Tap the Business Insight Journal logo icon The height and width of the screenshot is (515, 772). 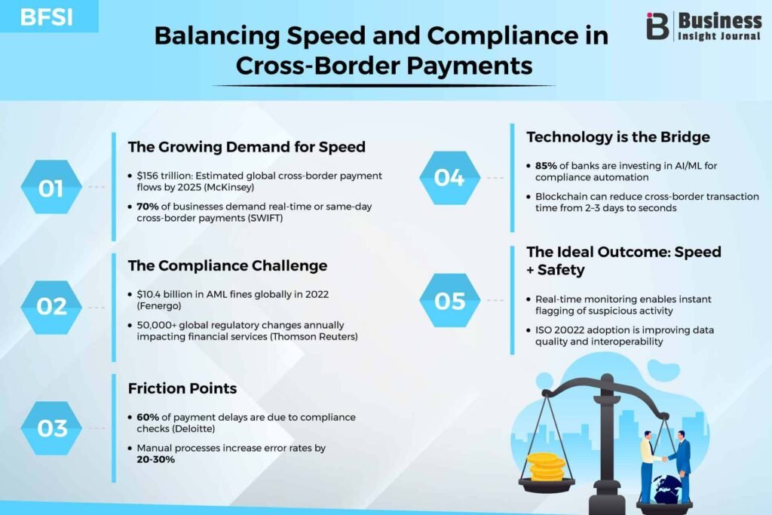(657, 26)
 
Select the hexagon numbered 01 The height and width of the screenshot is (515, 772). (51, 187)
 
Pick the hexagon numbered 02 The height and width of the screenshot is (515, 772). (51, 307)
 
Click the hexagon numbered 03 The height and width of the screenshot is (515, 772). (51, 428)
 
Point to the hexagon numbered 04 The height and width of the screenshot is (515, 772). (449, 178)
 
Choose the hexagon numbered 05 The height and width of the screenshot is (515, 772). (449, 300)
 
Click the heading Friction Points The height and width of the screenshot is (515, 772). (182, 388)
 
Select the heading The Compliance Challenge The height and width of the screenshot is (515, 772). (228, 266)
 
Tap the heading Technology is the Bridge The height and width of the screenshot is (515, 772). (618, 137)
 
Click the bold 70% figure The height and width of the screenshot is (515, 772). (148, 207)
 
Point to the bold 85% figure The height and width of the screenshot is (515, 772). (546, 166)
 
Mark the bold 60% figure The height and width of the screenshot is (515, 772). (148, 417)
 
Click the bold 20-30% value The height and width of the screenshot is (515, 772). (155, 459)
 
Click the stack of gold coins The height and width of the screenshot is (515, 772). (546, 466)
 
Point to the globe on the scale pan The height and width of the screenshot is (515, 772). (666, 489)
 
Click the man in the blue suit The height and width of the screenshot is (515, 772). (682, 466)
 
